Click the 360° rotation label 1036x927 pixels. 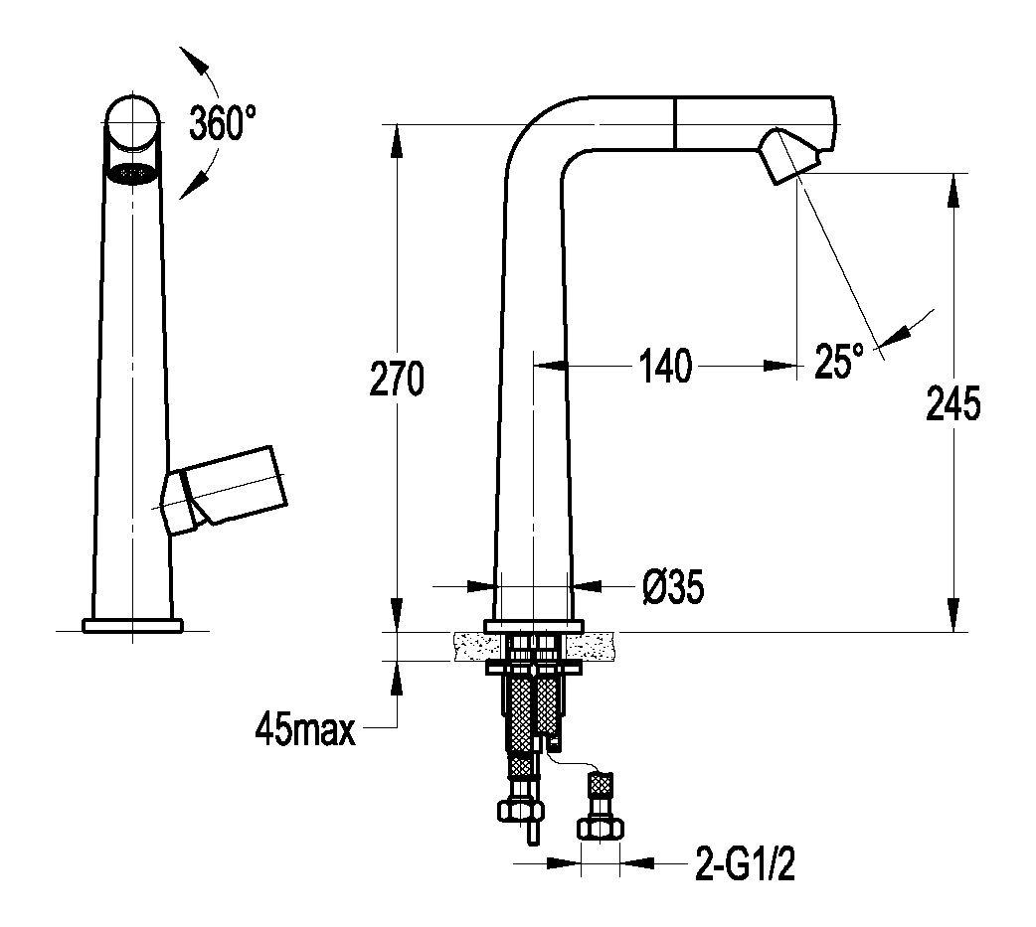pyautogui.click(x=223, y=122)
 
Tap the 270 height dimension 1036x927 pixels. pyautogui.click(x=396, y=379)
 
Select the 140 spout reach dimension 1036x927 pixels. pyautogui.click(x=665, y=366)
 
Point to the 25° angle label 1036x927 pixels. pyautogui.click(x=839, y=361)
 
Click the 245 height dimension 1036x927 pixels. pyautogui.click(x=952, y=403)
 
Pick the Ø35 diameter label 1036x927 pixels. pyautogui.click(x=673, y=586)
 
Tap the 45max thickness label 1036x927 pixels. pyautogui.click(x=305, y=729)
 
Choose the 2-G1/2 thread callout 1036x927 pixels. pyautogui.click(x=745, y=863)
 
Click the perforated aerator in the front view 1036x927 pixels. pyautogui.click(x=132, y=173)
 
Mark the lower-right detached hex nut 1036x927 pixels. pyautogui.click(x=601, y=829)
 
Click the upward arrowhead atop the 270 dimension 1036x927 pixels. pyautogui.click(x=397, y=140)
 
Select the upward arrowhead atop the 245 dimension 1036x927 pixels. pyautogui.click(x=952, y=190)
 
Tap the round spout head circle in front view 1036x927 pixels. pyautogui.click(x=132, y=123)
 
